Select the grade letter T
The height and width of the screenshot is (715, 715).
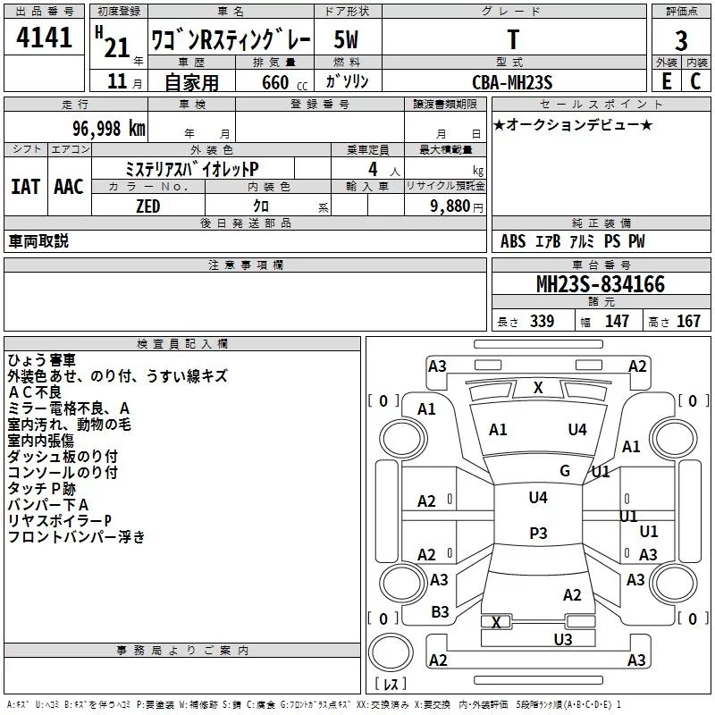(513, 39)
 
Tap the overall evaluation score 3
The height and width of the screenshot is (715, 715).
(682, 40)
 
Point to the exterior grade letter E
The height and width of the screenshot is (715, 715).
(666, 80)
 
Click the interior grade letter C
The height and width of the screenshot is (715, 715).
(695, 80)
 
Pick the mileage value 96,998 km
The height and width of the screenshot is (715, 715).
(107, 128)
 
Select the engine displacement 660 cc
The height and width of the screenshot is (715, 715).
(273, 82)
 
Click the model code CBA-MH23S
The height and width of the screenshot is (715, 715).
(513, 82)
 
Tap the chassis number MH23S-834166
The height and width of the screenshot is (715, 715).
(601, 284)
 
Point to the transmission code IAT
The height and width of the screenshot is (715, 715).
(25, 187)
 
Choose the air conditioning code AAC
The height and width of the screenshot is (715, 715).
(68, 187)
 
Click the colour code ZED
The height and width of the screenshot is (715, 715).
(147, 206)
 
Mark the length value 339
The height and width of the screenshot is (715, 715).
(542, 322)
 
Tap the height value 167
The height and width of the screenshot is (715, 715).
(688, 322)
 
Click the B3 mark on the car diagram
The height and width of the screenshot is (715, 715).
(440, 611)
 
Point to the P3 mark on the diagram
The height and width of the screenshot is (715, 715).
(538, 534)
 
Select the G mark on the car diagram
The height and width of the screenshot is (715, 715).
(565, 471)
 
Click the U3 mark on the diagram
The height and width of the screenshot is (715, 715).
(562, 639)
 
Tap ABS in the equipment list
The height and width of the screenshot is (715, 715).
(513, 241)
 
